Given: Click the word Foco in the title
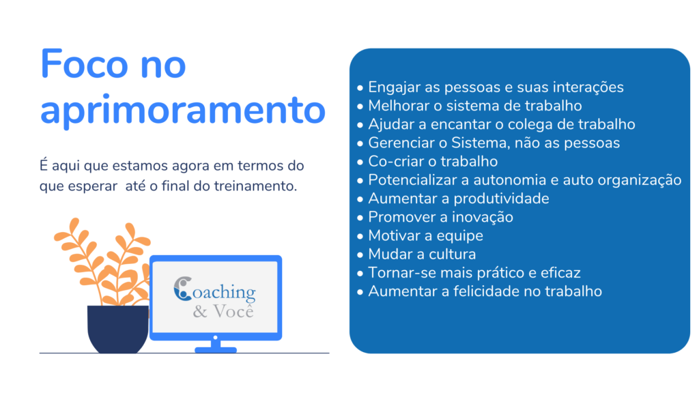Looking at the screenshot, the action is point(84,64).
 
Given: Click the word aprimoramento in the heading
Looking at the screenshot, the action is point(183,110).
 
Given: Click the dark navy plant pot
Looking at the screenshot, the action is point(118,330).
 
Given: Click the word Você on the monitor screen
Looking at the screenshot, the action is point(233,311).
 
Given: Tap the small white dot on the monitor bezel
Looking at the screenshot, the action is point(215,338).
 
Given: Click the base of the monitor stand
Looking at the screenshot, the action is point(216,350).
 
